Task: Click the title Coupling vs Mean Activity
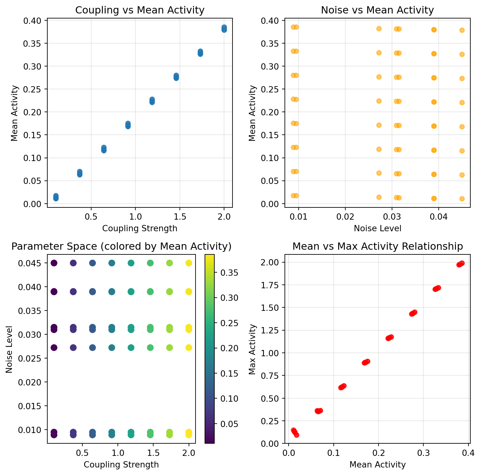[x=140, y=10]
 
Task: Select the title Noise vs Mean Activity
[x=377, y=10]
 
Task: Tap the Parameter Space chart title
[x=121, y=247]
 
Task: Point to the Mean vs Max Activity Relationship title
[x=378, y=247]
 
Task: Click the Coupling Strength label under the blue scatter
[x=140, y=228]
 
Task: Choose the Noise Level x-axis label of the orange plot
[x=377, y=228]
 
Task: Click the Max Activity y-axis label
[x=252, y=349]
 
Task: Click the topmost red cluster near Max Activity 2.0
[x=460, y=264]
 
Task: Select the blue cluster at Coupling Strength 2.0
[x=224, y=29]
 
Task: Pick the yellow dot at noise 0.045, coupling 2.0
[x=189, y=263]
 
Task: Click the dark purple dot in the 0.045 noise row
[x=54, y=263]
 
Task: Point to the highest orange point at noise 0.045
[x=462, y=30]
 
